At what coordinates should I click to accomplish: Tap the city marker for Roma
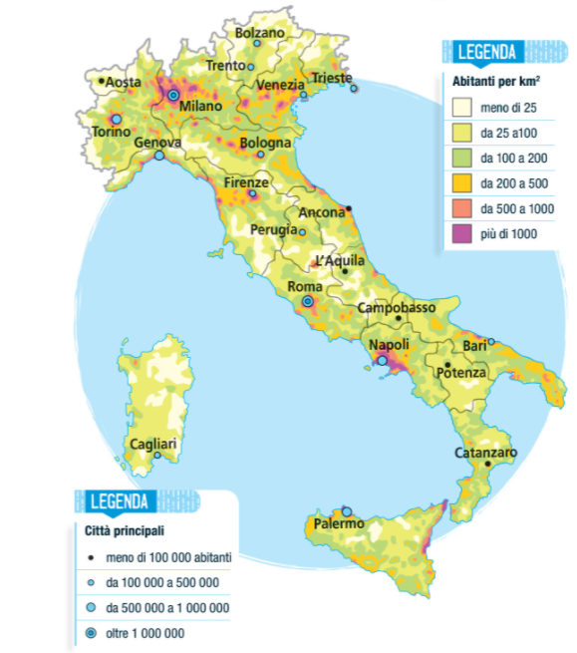tap(308, 300)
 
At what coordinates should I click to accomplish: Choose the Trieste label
tap(332, 77)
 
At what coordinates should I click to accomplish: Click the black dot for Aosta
tap(102, 81)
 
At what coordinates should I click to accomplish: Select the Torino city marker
tap(116, 119)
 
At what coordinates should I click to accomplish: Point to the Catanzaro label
tap(485, 452)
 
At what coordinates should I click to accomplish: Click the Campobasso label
tap(396, 307)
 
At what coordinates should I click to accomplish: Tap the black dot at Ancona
tap(349, 209)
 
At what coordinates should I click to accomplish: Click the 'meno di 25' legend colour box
tap(461, 106)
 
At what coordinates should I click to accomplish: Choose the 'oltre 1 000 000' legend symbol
tap(91, 633)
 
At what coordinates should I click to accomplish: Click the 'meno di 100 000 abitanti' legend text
tap(168, 558)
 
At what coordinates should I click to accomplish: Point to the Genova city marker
tap(158, 156)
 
